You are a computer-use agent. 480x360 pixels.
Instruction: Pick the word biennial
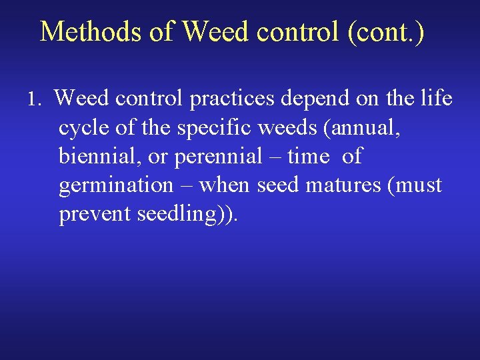tap(94, 157)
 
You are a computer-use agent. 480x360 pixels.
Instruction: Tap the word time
tap(308, 157)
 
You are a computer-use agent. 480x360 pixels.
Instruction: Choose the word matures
tap(342, 185)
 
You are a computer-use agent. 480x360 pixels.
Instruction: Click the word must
tap(416, 185)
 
